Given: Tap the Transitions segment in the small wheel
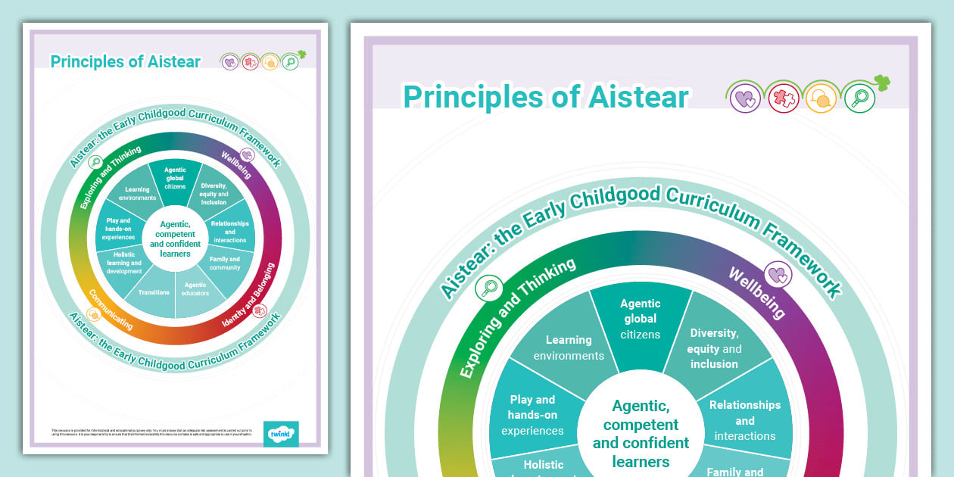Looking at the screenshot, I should pyautogui.click(x=154, y=292).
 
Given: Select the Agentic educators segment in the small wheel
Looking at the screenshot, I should pyautogui.click(x=195, y=289).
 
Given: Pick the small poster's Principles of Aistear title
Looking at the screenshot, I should pyautogui.click(x=126, y=62).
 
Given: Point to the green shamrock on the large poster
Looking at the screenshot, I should pyautogui.click(x=881, y=83).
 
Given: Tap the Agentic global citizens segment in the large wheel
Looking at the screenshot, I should pyautogui.click(x=640, y=319).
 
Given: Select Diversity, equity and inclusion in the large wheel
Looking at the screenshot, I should pyautogui.click(x=713, y=348).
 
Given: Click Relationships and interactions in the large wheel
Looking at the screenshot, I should pyautogui.click(x=745, y=419).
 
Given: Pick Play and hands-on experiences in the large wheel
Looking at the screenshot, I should pyautogui.click(x=533, y=415).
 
